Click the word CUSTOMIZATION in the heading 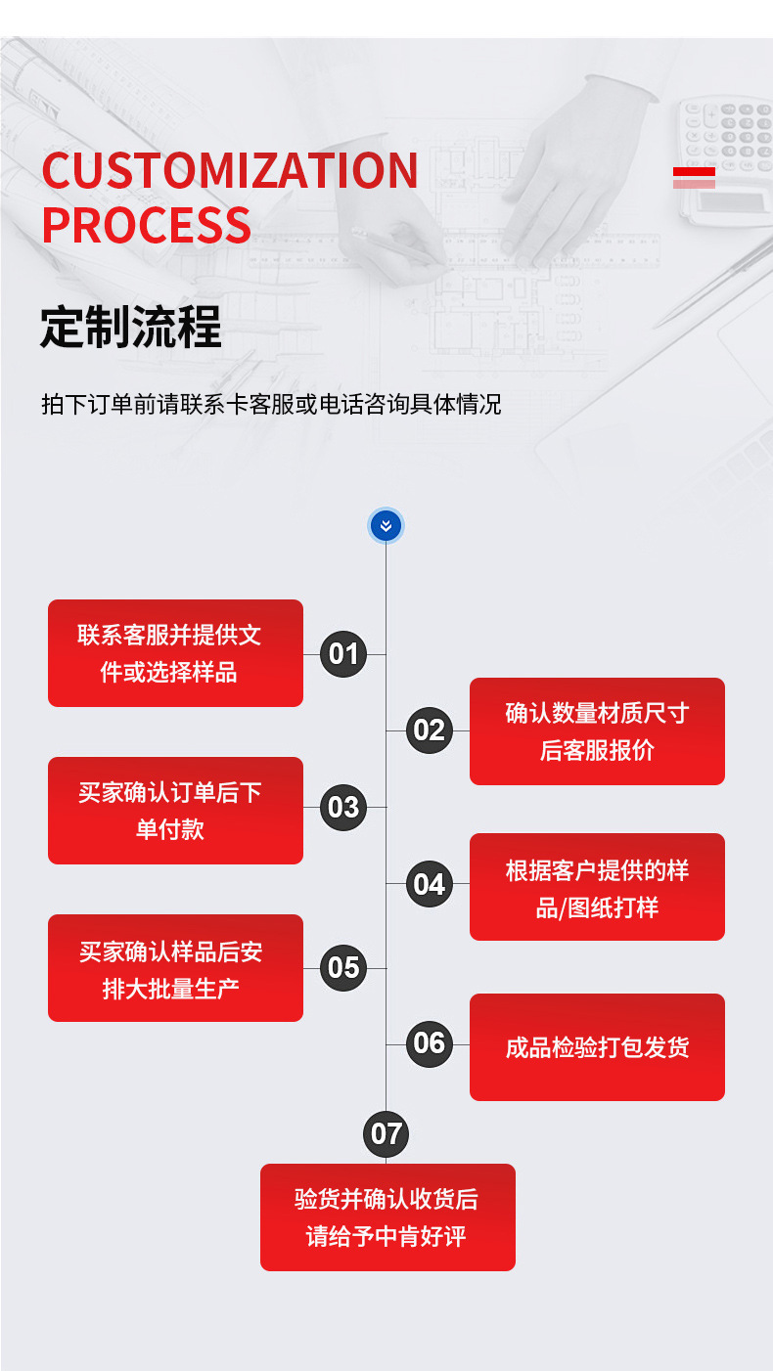pyautogui.click(x=230, y=171)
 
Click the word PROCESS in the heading pyautogui.click(x=147, y=224)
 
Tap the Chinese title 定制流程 pyautogui.click(x=131, y=327)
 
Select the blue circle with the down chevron pyautogui.click(x=386, y=526)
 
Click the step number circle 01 pyautogui.click(x=343, y=653)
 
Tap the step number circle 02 pyautogui.click(x=429, y=730)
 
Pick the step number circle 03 pyautogui.click(x=343, y=808)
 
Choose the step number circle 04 pyautogui.click(x=429, y=884)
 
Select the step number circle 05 pyautogui.click(x=343, y=968)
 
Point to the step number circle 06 pyautogui.click(x=429, y=1043)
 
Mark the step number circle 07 pyautogui.click(x=386, y=1133)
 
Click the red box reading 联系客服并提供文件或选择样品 pyautogui.click(x=175, y=653)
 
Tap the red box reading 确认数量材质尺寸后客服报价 pyautogui.click(x=597, y=731)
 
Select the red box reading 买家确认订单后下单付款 pyautogui.click(x=175, y=811)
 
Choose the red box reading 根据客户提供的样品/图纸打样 pyautogui.click(x=597, y=887)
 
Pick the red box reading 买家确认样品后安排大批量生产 pyautogui.click(x=175, y=968)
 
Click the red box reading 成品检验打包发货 pyautogui.click(x=597, y=1047)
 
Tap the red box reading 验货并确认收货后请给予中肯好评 pyautogui.click(x=387, y=1217)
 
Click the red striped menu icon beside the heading pyautogui.click(x=694, y=178)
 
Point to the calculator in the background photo pyautogui.click(x=727, y=156)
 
